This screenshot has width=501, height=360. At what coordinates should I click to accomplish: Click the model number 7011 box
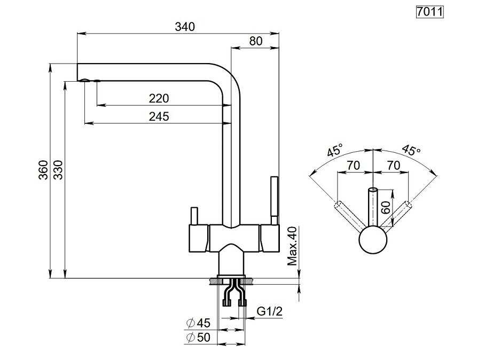pyautogui.click(x=430, y=12)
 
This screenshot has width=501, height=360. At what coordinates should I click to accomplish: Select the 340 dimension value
pyautogui.click(x=185, y=27)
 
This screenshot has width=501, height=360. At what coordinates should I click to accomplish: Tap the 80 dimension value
pyautogui.click(x=256, y=41)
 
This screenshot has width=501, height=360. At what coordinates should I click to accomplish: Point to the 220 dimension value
pyautogui.click(x=159, y=98)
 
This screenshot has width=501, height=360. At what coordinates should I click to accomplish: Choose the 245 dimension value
pyautogui.click(x=159, y=116)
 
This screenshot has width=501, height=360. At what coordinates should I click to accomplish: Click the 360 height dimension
pyautogui.click(x=43, y=170)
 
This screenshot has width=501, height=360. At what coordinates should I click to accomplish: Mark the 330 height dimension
pyautogui.click(x=58, y=170)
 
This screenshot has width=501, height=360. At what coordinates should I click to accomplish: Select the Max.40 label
pyautogui.click(x=292, y=246)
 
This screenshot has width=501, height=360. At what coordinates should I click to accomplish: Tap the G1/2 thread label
pyautogui.click(x=270, y=311)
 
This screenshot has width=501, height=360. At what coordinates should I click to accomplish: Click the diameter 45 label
pyautogui.click(x=198, y=323)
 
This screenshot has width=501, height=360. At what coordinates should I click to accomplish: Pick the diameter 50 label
pyautogui.click(x=198, y=338)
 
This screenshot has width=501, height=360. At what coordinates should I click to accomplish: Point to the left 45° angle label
pyautogui.click(x=335, y=150)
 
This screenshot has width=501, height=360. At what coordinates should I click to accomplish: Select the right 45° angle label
pyautogui.click(x=411, y=150)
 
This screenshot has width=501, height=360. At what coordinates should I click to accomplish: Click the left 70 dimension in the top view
pyautogui.click(x=354, y=165)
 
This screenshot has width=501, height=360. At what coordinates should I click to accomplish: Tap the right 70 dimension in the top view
pyautogui.click(x=394, y=165)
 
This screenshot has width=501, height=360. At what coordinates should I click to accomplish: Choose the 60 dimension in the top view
pyautogui.click(x=386, y=208)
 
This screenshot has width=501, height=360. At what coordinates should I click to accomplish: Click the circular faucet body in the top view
pyautogui.click(x=373, y=240)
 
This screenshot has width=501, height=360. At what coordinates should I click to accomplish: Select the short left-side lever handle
pyautogui.click(x=194, y=216)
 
